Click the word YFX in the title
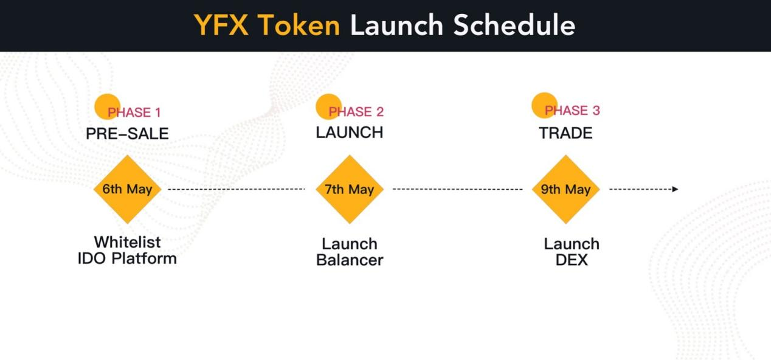(x=221, y=25)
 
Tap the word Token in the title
(x=299, y=25)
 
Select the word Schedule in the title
(x=514, y=25)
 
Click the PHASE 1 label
(x=134, y=112)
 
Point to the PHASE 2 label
(x=356, y=112)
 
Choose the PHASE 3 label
(x=572, y=111)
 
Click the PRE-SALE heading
(x=127, y=134)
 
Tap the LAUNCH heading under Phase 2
(x=350, y=133)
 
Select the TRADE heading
(x=565, y=133)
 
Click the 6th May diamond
(x=127, y=189)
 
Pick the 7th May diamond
(x=350, y=189)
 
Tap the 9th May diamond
(x=565, y=189)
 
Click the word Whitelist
(x=127, y=242)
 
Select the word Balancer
(x=350, y=260)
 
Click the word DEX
(x=572, y=260)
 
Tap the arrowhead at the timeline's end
(x=675, y=189)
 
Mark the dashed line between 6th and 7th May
(x=236, y=189)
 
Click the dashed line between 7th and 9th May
(x=458, y=189)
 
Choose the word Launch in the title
(x=396, y=25)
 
